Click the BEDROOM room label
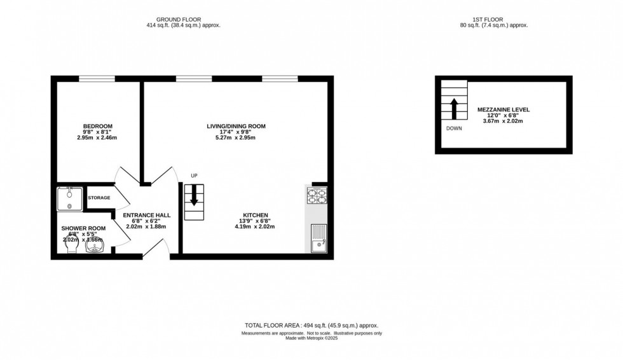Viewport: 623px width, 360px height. (x=97, y=126)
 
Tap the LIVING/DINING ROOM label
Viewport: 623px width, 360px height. (x=236, y=126)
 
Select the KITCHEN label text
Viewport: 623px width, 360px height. (x=255, y=215)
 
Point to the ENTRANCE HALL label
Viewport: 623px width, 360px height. (x=146, y=215)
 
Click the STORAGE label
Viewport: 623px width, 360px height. (x=99, y=198)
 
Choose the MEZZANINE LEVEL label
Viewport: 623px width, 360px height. (x=503, y=109)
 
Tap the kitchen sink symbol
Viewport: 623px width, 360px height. (x=318, y=239)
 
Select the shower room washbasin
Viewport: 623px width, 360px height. (x=95, y=246)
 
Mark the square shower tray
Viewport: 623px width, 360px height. (x=70, y=198)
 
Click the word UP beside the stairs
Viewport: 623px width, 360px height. (x=195, y=176)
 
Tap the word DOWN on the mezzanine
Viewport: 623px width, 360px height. (x=454, y=128)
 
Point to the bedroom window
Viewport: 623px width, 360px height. (x=97, y=79)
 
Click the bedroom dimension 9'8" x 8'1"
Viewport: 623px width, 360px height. (x=97, y=132)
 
